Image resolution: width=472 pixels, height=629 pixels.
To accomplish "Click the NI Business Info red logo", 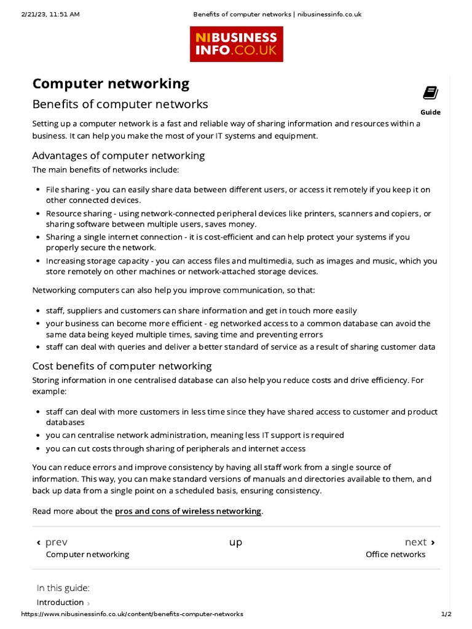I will [237, 44].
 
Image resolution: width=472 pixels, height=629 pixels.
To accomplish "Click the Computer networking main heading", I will [111, 84].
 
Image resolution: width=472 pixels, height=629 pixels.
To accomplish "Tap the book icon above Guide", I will [430, 93].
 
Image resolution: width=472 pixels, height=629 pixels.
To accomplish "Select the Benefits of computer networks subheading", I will [120, 104].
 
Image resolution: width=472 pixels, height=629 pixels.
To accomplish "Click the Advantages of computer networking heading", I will [119, 155].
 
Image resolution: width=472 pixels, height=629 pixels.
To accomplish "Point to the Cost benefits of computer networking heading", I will [122, 366].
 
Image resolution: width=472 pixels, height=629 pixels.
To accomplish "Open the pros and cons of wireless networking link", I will [188, 511].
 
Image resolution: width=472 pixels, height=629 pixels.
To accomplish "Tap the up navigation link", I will [236, 542].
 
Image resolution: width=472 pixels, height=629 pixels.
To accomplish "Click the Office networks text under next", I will [395, 554].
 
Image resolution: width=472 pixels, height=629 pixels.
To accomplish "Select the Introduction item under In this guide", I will [60, 602].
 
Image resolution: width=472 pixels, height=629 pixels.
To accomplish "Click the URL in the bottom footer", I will [132, 614].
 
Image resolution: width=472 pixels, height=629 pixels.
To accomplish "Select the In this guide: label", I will [63, 588].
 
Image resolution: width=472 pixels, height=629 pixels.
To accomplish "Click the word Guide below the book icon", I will [430, 112].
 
